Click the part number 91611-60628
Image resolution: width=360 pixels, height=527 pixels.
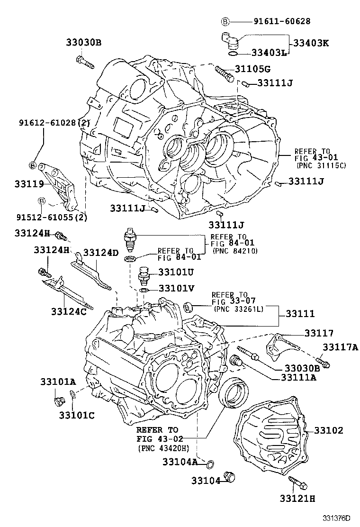click(x=275, y=21)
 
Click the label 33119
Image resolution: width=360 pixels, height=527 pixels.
click(x=29, y=183)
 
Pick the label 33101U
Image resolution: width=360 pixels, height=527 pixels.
click(x=176, y=272)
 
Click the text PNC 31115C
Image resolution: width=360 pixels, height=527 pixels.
click(x=321, y=165)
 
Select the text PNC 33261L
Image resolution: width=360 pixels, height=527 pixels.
click(x=238, y=309)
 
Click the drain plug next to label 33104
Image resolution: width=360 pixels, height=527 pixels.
click(x=230, y=476)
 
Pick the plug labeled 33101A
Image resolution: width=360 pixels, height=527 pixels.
click(x=59, y=401)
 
